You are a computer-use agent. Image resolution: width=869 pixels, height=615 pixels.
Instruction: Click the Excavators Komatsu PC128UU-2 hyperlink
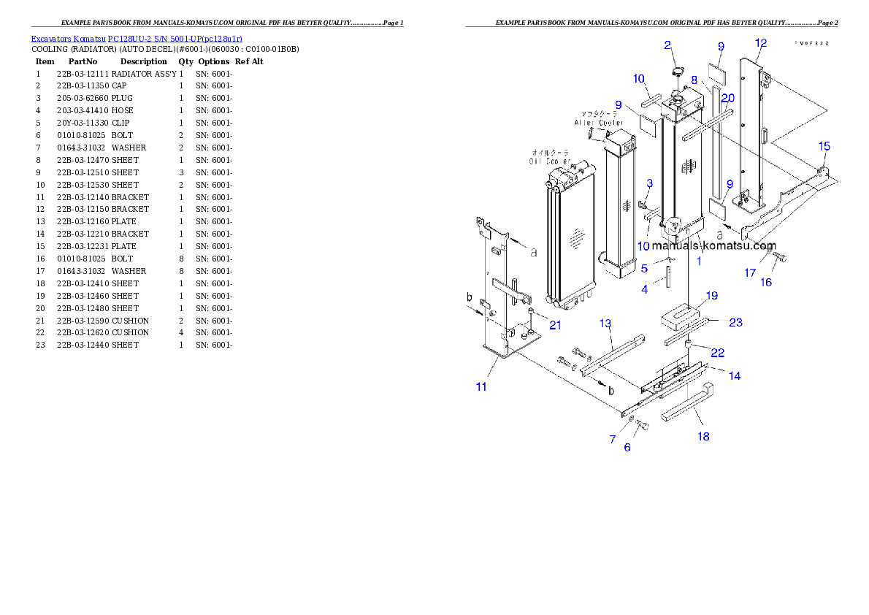137,39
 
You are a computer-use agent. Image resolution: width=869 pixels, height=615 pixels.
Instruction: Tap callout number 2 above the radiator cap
667,45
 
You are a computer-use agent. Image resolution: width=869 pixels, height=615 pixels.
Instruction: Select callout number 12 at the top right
761,43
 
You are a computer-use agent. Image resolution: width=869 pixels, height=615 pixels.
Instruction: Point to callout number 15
824,147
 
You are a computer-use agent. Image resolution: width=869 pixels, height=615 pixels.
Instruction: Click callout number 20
727,98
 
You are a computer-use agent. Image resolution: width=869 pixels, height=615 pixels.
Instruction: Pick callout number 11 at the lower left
481,386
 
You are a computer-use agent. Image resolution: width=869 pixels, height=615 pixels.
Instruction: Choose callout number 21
555,325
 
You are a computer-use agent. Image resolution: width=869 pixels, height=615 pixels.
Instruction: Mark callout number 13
605,324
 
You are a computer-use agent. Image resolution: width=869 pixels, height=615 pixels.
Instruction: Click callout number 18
703,437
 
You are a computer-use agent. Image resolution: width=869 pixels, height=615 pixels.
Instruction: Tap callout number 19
712,296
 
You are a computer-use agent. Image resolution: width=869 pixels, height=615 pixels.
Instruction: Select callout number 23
735,322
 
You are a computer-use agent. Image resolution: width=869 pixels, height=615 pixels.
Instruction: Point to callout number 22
717,353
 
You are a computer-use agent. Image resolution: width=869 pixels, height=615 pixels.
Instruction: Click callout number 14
735,375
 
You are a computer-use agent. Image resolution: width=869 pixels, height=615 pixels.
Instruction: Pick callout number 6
627,447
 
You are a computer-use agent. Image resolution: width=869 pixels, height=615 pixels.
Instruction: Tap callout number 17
750,273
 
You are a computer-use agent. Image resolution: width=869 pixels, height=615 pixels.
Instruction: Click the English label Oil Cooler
550,161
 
